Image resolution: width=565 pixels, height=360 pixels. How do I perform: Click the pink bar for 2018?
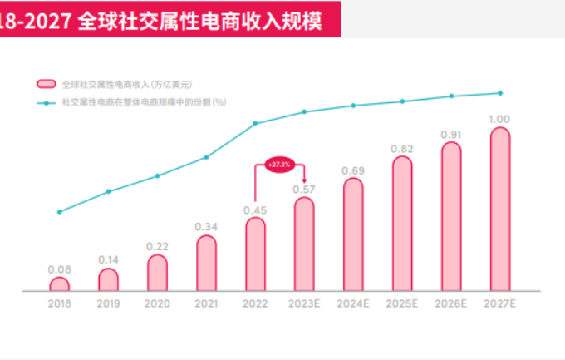coord(59,284)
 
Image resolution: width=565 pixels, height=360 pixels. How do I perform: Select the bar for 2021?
coord(206,264)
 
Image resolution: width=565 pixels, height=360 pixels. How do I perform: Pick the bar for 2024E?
coord(353,235)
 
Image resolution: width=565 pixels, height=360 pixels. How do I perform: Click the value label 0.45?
coord(255,210)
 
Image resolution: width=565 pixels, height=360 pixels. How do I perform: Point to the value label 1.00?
coord(499,119)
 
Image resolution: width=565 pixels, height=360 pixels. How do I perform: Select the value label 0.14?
coord(108,260)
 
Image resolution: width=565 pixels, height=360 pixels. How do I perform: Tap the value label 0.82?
coord(402,149)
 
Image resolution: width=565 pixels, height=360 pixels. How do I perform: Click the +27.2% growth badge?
coord(279,165)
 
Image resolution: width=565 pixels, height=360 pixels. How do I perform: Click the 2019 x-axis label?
coord(108,304)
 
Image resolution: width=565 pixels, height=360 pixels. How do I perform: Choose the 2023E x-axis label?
coord(304,304)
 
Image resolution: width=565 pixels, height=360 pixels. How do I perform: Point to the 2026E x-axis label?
coord(451,304)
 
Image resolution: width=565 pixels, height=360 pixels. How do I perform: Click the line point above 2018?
coord(59,211)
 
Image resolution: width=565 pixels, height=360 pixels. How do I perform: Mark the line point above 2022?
coord(255,123)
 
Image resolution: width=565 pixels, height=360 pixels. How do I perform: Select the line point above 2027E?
coord(499,92)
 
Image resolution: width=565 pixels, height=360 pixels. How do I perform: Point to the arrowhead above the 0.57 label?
coord(304,180)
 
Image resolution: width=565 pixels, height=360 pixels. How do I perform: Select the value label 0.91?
coord(451,134)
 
